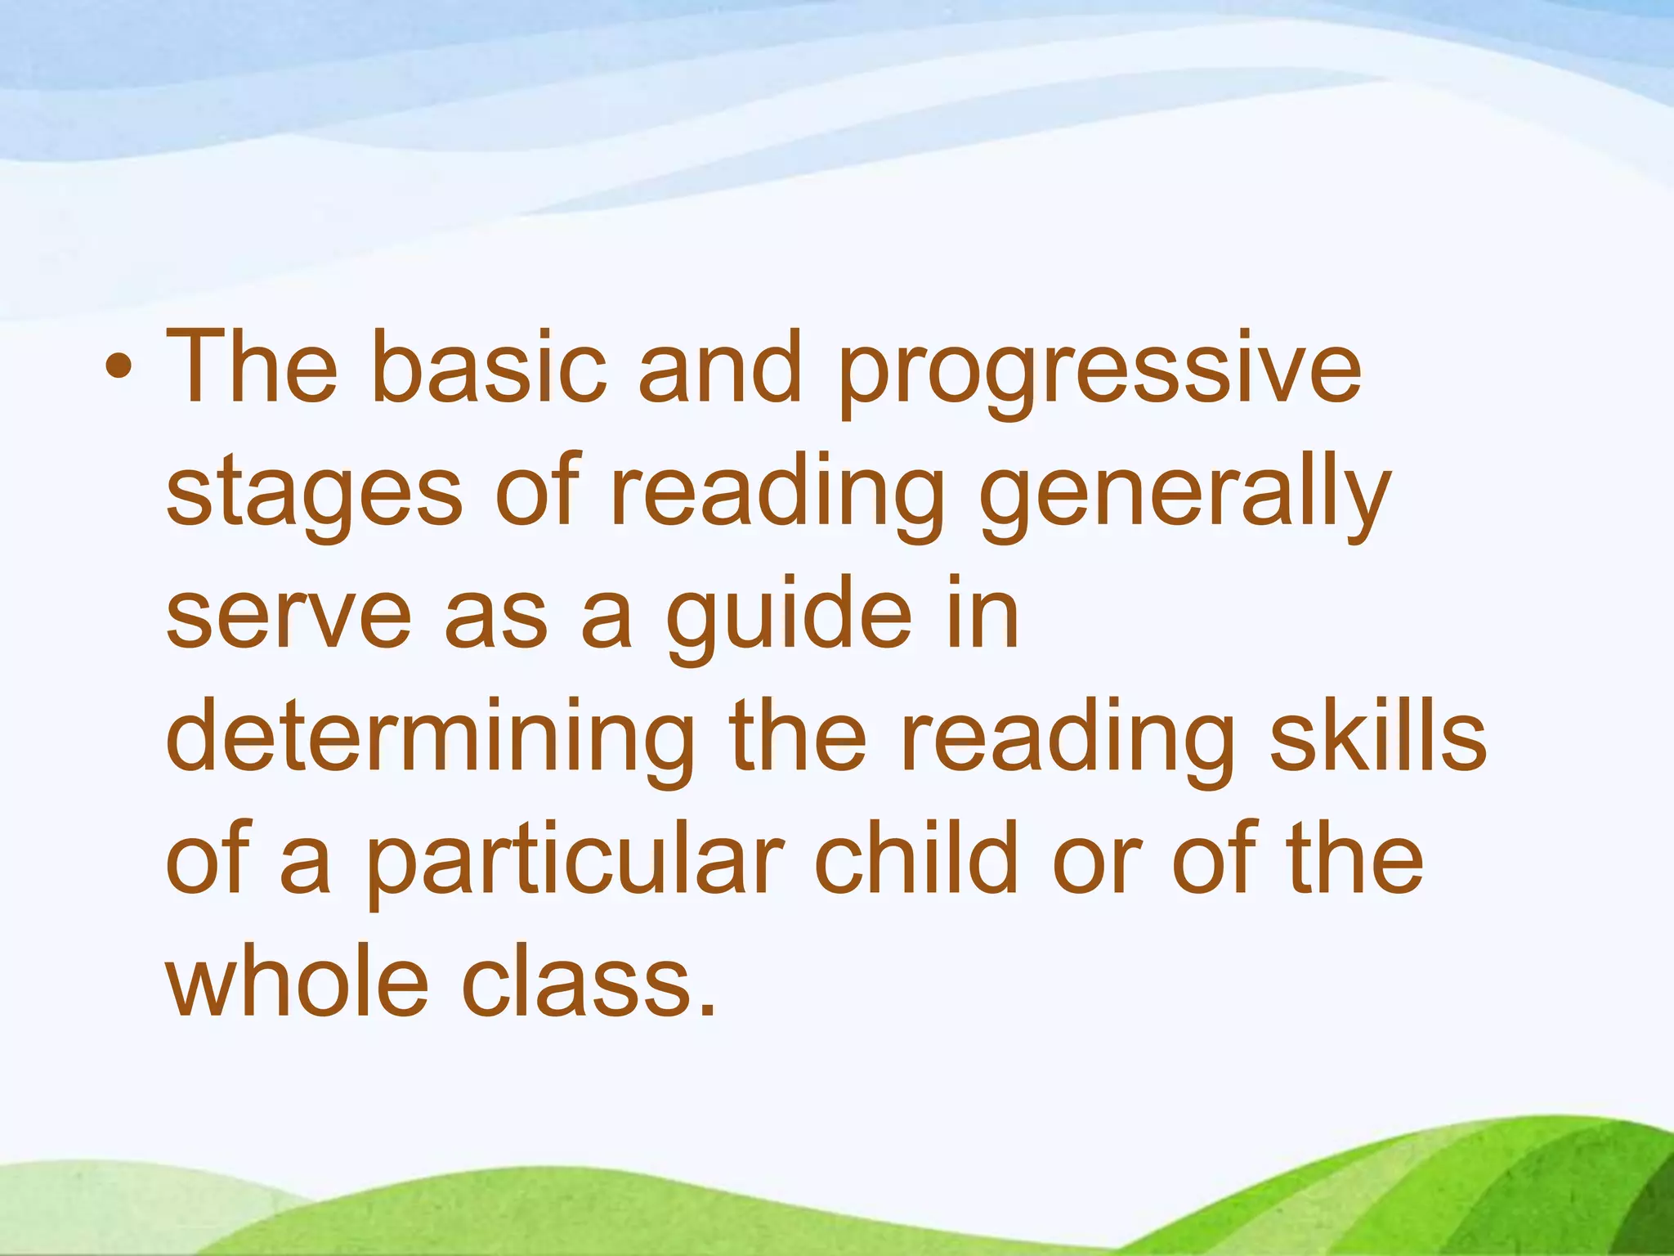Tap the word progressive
coord(1099,372)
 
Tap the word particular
coord(573,863)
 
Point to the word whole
coord(297,980)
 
